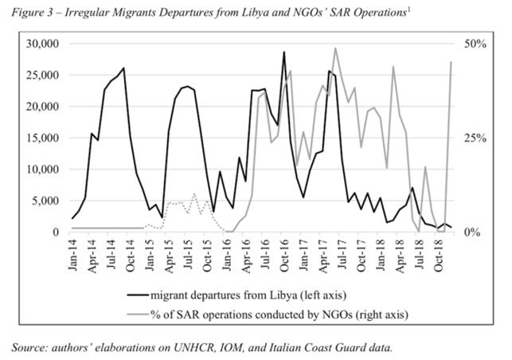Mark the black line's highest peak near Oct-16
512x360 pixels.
[283, 53]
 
